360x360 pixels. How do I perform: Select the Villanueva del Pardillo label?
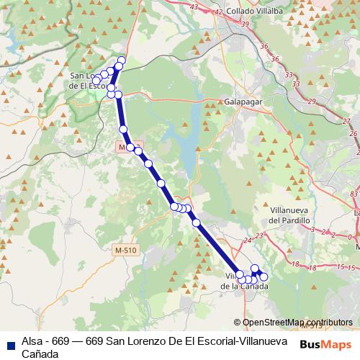point(289,215)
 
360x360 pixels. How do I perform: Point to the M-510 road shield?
point(126,250)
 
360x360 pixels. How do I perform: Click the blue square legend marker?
point(10,344)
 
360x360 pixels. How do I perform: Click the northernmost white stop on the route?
point(121,60)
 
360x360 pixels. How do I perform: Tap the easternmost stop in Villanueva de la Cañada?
point(264,276)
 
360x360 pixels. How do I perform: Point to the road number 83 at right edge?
point(354,194)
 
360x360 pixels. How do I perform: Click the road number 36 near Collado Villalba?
point(264,46)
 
